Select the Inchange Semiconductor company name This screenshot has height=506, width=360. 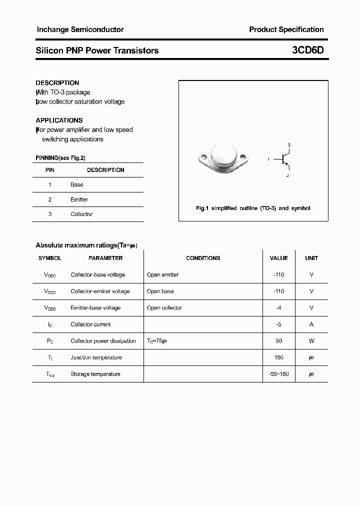pos(80,29)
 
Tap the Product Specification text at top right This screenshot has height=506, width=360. pos(286,29)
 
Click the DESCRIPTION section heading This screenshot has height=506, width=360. pos(57,83)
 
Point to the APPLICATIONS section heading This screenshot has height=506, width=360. pos(59,120)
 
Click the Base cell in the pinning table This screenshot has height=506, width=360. pos(77,184)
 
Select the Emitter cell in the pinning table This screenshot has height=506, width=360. pos(79,199)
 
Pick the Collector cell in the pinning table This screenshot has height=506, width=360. pos(81,214)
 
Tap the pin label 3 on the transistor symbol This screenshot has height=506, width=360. pos(289,144)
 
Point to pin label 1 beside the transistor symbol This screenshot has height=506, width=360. pos(268,159)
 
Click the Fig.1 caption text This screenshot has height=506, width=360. pos(253,208)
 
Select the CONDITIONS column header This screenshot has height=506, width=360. pos(203,258)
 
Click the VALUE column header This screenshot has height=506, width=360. pos(278,258)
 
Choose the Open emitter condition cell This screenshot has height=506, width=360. pos(162,275)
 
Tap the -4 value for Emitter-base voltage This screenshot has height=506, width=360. pos(278,308)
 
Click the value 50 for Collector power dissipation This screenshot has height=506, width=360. pos(278,341)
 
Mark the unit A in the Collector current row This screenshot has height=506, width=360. pos(311,324)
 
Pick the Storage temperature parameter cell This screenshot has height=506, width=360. pos(95,374)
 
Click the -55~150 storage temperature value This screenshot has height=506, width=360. pos(278,374)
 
